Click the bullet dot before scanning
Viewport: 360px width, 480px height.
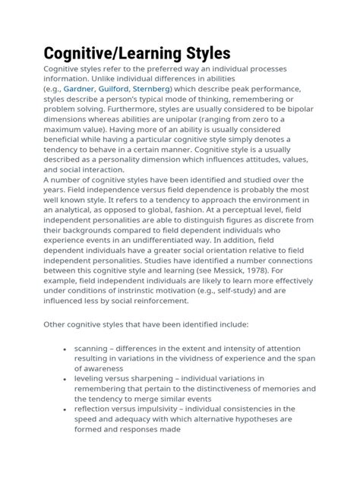(63, 347)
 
